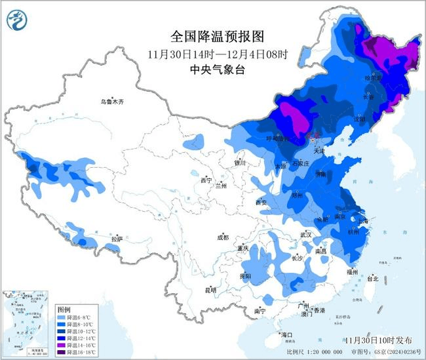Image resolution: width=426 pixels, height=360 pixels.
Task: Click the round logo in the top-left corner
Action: tap(16, 19)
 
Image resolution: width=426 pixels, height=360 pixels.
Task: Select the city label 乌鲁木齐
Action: tap(112, 102)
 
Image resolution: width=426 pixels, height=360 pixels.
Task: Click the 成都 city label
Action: tap(223, 237)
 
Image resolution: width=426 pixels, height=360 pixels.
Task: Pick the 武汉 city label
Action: tap(305, 234)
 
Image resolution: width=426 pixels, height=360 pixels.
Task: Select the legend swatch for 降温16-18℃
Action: tap(62, 352)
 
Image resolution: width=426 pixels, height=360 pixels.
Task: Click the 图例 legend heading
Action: tap(64, 308)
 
